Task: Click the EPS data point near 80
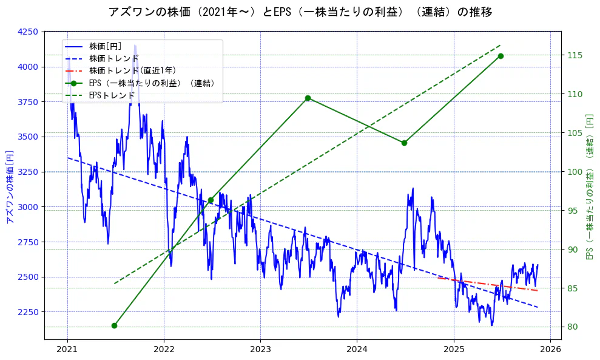click(x=114, y=325)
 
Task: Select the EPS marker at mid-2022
click(x=211, y=200)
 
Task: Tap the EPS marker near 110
click(x=308, y=98)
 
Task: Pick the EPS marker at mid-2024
click(x=404, y=143)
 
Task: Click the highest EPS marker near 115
click(x=501, y=56)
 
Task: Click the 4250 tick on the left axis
click(x=28, y=32)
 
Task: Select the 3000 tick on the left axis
click(x=28, y=207)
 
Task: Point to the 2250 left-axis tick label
click(x=28, y=312)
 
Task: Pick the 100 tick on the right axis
click(x=574, y=172)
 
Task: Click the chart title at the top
click(x=300, y=12)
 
